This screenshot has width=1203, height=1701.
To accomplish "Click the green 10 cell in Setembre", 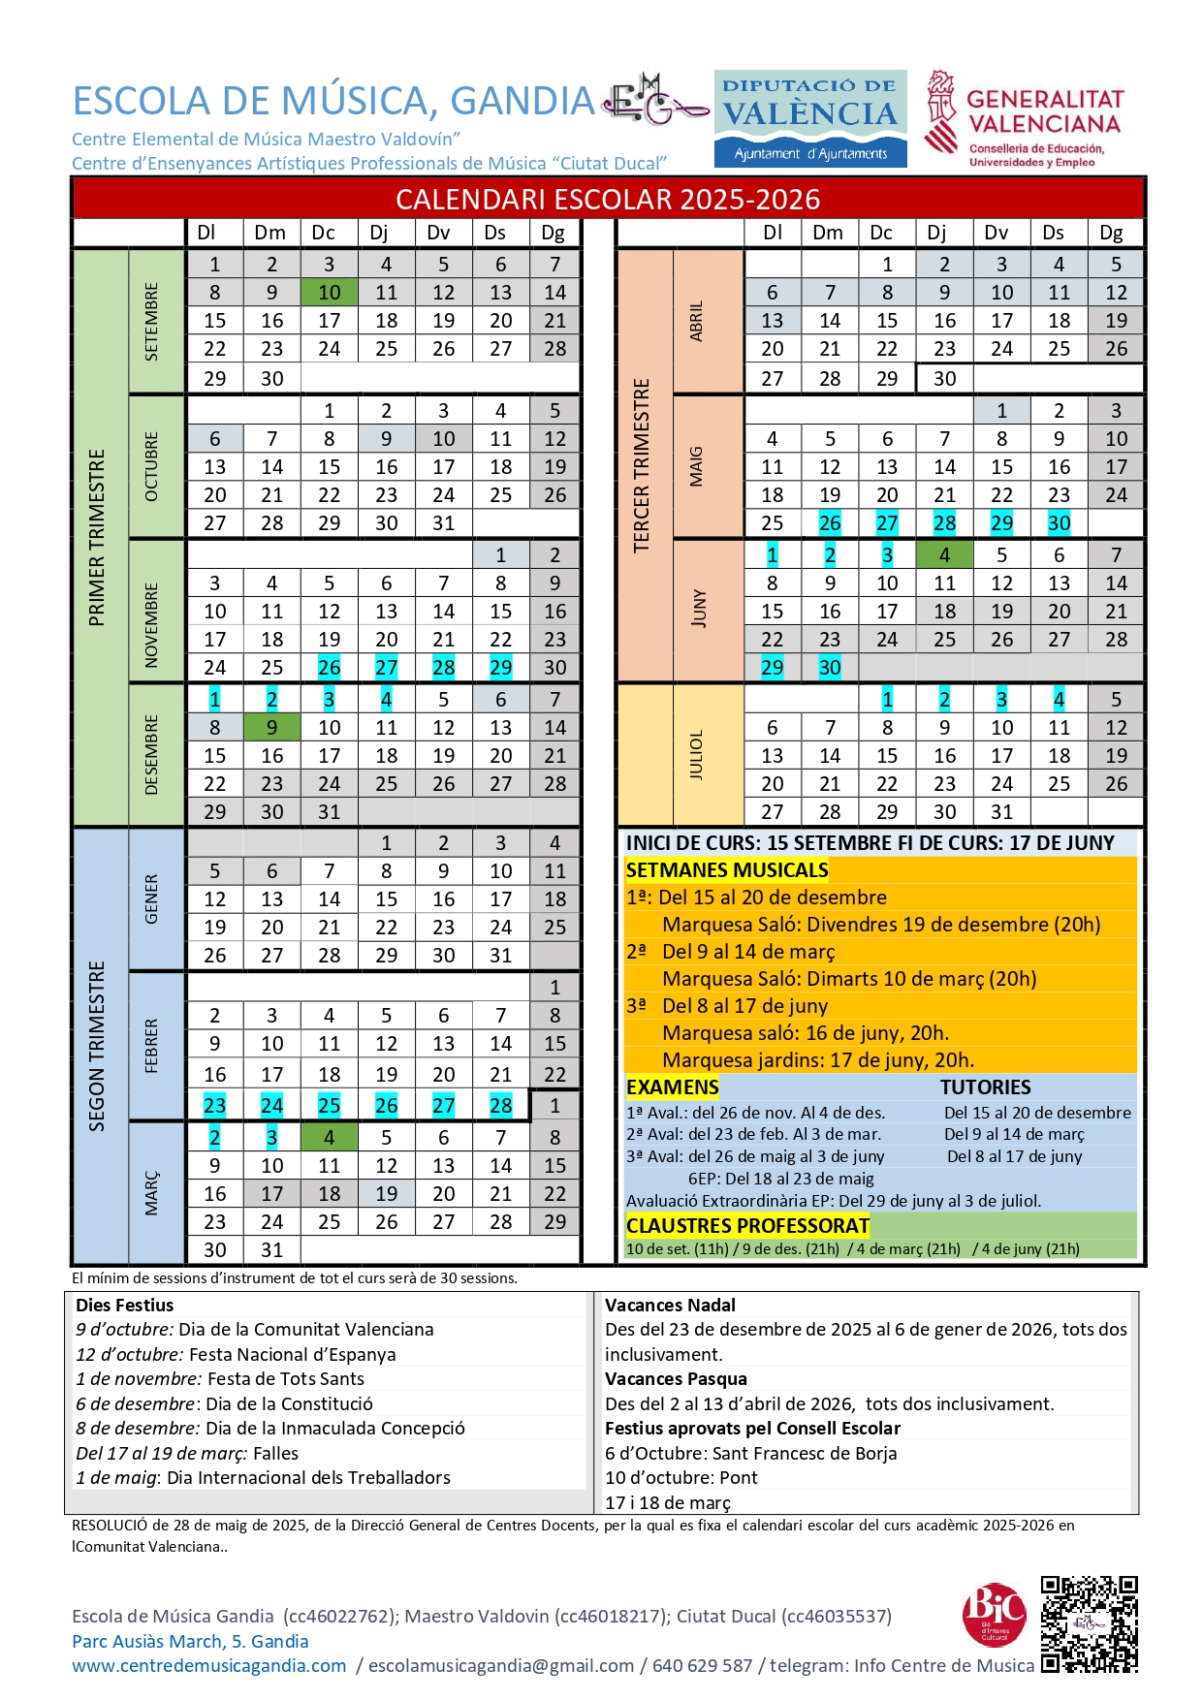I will pyautogui.click(x=329, y=293).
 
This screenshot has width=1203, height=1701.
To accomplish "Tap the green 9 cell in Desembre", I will pyautogui.click(x=271, y=728).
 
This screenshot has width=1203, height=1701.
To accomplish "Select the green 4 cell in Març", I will pyautogui.click(x=329, y=1138).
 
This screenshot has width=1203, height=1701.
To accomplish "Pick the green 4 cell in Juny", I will pyautogui.click(x=944, y=555).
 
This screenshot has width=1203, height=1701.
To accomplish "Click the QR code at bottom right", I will pyautogui.click(x=1089, y=1624).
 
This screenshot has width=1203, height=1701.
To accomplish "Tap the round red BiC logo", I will pyautogui.click(x=994, y=1614).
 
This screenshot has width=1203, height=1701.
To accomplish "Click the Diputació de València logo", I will pyautogui.click(x=810, y=118).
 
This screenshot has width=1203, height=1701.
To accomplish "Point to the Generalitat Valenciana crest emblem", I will pyautogui.click(x=940, y=111).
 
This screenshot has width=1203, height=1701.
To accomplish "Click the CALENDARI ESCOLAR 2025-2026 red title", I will pyautogui.click(x=608, y=200).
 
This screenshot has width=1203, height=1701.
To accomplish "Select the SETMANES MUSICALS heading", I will pyautogui.click(x=727, y=870).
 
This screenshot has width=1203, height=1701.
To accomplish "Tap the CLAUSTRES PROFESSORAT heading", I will pyautogui.click(x=747, y=1226).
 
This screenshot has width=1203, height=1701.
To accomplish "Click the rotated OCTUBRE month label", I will pyautogui.click(x=151, y=467).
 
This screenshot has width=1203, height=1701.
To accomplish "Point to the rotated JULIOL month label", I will pyautogui.click(x=696, y=755).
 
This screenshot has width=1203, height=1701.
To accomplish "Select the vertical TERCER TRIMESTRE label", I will pyautogui.click(x=641, y=465).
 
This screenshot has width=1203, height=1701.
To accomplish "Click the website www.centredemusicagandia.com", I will pyautogui.click(x=208, y=1666).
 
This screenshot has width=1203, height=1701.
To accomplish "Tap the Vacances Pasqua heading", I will pyautogui.click(x=676, y=1379).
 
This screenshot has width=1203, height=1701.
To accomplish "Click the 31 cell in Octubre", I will pyautogui.click(x=443, y=523).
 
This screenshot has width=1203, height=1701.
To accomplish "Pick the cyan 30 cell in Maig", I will pyautogui.click(x=1059, y=523).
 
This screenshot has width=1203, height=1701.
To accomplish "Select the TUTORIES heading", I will pyautogui.click(x=985, y=1087).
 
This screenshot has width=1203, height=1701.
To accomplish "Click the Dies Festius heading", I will pyautogui.click(x=125, y=1306).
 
